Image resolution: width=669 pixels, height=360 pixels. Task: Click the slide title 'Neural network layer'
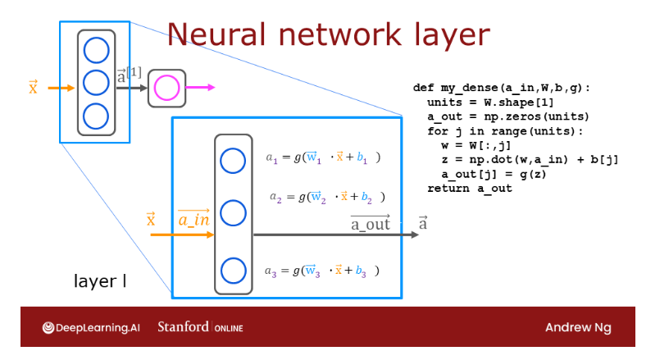pyautogui.click(x=329, y=35)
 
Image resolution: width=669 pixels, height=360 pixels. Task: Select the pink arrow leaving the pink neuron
pyautogui.click(x=201, y=88)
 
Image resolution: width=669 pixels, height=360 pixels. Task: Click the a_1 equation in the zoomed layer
pyautogui.click(x=324, y=157)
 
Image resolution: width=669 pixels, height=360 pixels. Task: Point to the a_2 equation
pyautogui.click(x=327, y=198)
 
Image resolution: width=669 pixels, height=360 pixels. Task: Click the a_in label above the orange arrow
pyautogui.click(x=194, y=221)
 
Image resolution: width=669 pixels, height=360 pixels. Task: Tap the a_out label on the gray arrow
pyautogui.click(x=370, y=223)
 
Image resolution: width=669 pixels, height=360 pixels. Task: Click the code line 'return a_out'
pyautogui.click(x=469, y=189)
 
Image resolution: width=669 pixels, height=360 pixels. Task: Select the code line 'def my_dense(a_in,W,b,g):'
pyautogui.click(x=502, y=87)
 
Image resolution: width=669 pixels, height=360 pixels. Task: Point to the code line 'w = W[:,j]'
pyautogui.click(x=475, y=145)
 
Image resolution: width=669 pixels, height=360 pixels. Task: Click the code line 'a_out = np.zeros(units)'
pyautogui.click(x=497, y=116)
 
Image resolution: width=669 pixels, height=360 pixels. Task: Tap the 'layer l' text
pyautogui.click(x=100, y=281)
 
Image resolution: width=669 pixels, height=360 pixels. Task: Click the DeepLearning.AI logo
pyautogui.click(x=91, y=328)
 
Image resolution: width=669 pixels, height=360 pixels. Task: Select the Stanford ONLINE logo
pyautogui.click(x=200, y=328)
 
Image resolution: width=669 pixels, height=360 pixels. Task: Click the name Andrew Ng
pyautogui.click(x=578, y=328)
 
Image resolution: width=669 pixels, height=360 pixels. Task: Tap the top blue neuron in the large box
pyautogui.click(x=233, y=161)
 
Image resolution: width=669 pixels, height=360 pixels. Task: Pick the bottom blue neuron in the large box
pyautogui.click(x=233, y=269)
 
